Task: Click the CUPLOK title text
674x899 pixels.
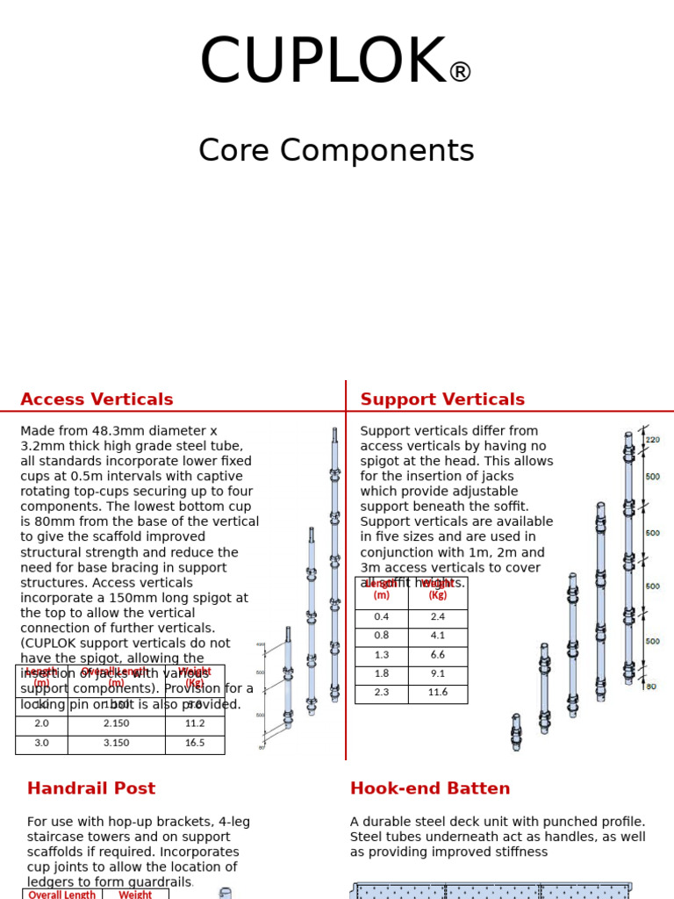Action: pyautogui.click(x=323, y=63)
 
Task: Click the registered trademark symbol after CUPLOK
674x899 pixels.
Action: pyautogui.click(x=460, y=73)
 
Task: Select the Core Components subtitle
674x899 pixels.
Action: pyautogui.click(x=336, y=151)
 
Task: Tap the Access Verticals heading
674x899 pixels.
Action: pyautogui.click(x=97, y=399)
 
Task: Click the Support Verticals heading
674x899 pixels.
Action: pyautogui.click(x=442, y=399)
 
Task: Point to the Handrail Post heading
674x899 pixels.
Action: pyautogui.click(x=91, y=788)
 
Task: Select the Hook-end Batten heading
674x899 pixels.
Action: pyautogui.click(x=430, y=788)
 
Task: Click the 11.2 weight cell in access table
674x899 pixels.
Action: pyautogui.click(x=195, y=724)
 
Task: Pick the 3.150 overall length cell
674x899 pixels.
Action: pyautogui.click(x=116, y=744)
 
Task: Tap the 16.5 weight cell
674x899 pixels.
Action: pyautogui.click(x=195, y=744)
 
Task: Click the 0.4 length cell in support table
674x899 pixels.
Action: pyautogui.click(x=382, y=617)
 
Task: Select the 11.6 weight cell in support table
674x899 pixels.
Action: pyautogui.click(x=438, y=693)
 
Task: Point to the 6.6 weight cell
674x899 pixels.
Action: pyautogui.click(x=438, y=655)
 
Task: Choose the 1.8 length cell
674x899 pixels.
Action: pyautogui.click(x=382, y=674)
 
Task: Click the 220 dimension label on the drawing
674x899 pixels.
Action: pyautogui.click(x=653, y=440)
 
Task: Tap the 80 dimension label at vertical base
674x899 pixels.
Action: pyautogui.click(x=651, y=687)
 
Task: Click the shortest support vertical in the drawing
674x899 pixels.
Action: pyautogui.click(x=516, y=732)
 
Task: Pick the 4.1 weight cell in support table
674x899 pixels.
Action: pyautogui.click(x=438, y=636)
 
